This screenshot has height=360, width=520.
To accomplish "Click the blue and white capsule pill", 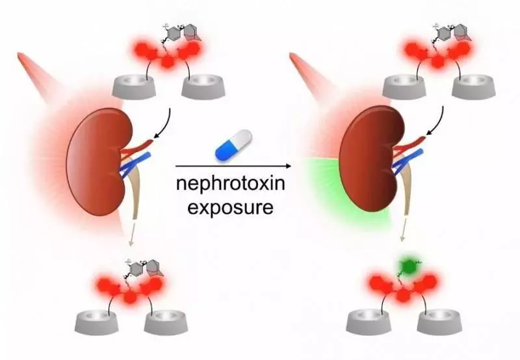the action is coord(234,145).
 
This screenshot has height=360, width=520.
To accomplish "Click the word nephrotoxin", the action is coord(231,183).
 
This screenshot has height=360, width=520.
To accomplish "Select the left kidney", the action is coord(99,162).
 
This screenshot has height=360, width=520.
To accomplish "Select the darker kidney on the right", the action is coord(372,160).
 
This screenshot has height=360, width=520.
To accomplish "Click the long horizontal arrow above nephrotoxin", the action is coord(233,166).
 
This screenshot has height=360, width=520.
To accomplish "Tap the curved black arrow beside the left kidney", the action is coord(165,123).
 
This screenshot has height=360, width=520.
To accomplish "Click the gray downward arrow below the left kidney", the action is coord(132,234).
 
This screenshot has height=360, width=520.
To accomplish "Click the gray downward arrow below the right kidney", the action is coord(403,229).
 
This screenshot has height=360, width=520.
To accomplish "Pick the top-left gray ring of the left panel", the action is coord(134,86).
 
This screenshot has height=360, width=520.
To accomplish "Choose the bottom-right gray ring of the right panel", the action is coord(439,321).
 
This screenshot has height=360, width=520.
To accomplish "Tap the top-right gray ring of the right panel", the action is coord(474,86).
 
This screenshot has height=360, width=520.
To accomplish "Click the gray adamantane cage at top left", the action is coord(192,34).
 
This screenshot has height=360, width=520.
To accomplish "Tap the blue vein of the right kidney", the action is coord(408,161).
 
